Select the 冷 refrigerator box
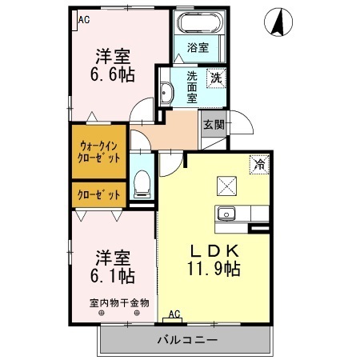(x=259, y=163)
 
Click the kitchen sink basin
(x=226, y=214)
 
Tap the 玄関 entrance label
(x=213, y=125)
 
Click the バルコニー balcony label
(x=186, y=340)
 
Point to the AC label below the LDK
(x=174, y=314)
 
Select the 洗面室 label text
(x=192, y=87)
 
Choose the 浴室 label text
(x=198, y=47)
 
